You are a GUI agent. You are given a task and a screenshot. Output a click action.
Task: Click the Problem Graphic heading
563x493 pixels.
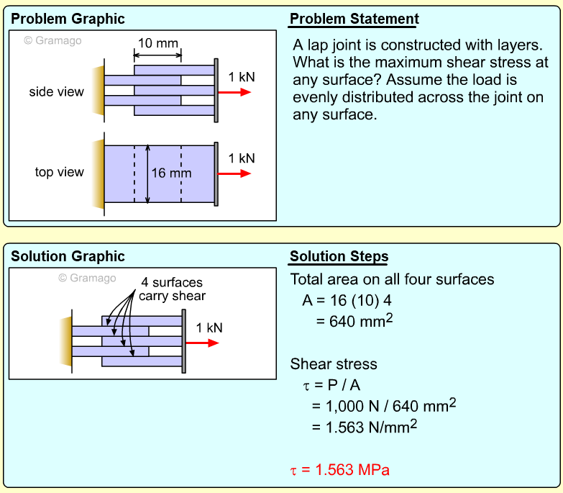point(68,19)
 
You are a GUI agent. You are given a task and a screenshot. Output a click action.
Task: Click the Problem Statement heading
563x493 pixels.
point(354,19)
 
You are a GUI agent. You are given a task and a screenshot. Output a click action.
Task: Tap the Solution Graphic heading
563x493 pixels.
point(68,256)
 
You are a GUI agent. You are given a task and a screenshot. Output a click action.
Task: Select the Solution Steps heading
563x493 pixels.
point(339,256)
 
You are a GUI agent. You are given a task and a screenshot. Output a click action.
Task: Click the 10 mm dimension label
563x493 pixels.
point(157,43)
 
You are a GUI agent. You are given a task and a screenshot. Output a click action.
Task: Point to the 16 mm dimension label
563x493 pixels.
point(171,173)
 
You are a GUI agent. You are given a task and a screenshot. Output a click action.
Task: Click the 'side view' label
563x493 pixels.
point(56,92)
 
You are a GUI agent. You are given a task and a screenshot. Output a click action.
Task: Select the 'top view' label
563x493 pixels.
point(59,172)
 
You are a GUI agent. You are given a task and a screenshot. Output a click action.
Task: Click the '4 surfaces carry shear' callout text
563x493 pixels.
point(172,289)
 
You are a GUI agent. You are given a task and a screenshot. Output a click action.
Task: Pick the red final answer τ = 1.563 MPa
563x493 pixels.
point(339,471)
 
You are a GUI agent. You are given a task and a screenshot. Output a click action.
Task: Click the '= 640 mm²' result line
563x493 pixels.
point(354,320)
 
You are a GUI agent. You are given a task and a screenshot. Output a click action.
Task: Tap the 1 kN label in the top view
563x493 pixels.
point(242,158)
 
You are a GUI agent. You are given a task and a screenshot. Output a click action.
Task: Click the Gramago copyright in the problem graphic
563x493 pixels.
point(52,41)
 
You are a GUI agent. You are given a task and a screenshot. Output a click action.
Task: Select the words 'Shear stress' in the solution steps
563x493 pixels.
point(334,364)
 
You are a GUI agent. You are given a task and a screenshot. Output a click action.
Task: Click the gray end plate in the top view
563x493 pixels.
point(216,173)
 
